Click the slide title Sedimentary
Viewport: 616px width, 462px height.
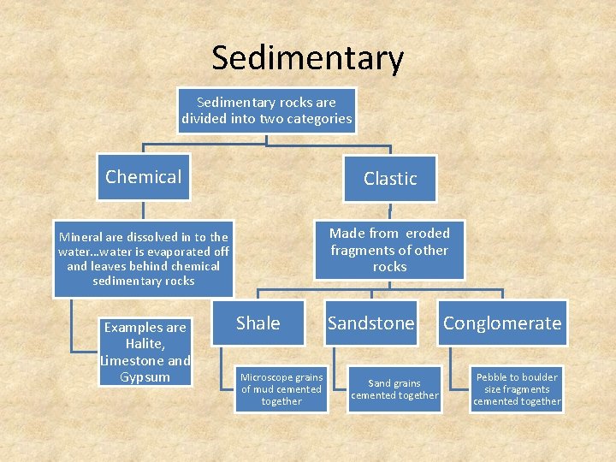coord(307,58)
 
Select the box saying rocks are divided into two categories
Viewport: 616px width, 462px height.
coord(266,110)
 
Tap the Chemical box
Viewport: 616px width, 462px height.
coord(143,177)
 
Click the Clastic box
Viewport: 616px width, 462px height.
coord(390,178)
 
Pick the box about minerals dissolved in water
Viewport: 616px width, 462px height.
coord(143,258)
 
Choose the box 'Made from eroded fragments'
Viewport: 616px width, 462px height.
coord(389,250)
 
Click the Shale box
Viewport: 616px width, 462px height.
coord(258,323)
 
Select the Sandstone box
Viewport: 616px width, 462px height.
coord(370,323)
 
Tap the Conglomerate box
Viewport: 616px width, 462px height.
coord(502,323)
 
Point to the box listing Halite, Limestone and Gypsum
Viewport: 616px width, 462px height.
coord(146,352)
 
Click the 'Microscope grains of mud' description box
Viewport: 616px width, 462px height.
coord(281,389)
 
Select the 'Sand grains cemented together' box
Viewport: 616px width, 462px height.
coord(394,389)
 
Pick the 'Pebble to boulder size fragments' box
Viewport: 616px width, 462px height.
coord(517,389)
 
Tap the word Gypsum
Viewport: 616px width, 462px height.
coord(146,377)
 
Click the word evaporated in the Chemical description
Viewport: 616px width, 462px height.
coord(180,252)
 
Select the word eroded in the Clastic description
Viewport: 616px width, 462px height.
coord(428,233)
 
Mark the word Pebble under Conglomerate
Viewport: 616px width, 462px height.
coord(493,377)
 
